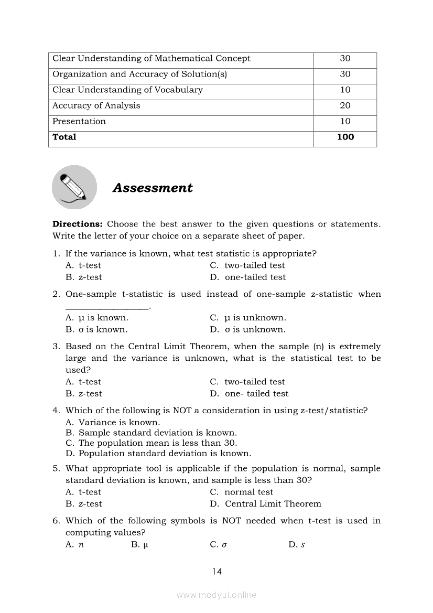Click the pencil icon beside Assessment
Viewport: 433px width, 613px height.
coord(74,187)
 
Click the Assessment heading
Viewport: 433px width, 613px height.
coord(153,188)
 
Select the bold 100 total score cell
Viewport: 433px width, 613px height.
coord(345,137)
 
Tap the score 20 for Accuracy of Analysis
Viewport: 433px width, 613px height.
coord(345,105)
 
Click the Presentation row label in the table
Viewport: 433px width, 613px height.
coord(79,121)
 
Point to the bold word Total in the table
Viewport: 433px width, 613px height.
coord(64,137)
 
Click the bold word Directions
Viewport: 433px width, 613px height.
coord(77,224)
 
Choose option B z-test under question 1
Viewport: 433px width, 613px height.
coord(84,277)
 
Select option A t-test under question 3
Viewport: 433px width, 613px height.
coord(83,382)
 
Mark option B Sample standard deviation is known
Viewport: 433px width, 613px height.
coord(151,433)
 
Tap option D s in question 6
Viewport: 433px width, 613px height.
coord(297,544)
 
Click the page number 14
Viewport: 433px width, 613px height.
coord(217,572)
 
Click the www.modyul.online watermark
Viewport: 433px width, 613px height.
coord(216,595)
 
